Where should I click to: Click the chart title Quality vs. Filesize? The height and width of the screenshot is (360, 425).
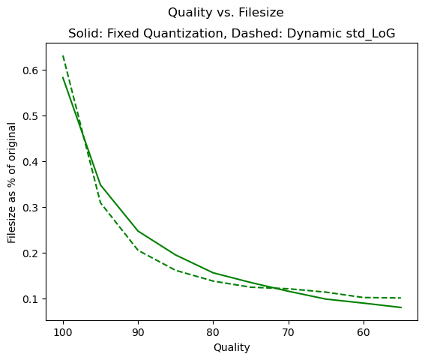(226, 13)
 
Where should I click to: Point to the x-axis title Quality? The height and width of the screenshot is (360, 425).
(232, 348)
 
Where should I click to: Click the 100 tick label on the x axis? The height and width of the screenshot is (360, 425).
(63, 332)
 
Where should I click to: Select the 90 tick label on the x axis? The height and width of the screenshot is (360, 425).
(138, 332)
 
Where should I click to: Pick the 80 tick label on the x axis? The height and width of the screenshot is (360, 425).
(214, 332)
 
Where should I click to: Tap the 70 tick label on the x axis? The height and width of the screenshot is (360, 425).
(289, 332)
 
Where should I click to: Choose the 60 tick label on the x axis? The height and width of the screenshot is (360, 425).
(364, 332)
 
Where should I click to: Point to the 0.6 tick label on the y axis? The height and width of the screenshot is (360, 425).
(31, 70)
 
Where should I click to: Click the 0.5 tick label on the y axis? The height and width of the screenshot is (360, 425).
(31, 116)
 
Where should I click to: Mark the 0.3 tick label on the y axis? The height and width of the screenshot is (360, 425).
(31, 208)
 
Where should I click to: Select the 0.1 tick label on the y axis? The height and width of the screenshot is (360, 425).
(31, 299)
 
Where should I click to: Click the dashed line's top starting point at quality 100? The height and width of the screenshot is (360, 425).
(63, 55)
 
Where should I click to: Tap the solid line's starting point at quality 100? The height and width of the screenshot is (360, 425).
(63, 77)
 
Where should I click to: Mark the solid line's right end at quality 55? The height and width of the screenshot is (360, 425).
(401, 307)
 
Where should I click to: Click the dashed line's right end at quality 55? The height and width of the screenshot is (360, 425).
(401, 298)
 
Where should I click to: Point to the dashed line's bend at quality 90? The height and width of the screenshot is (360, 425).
(138, 250)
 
